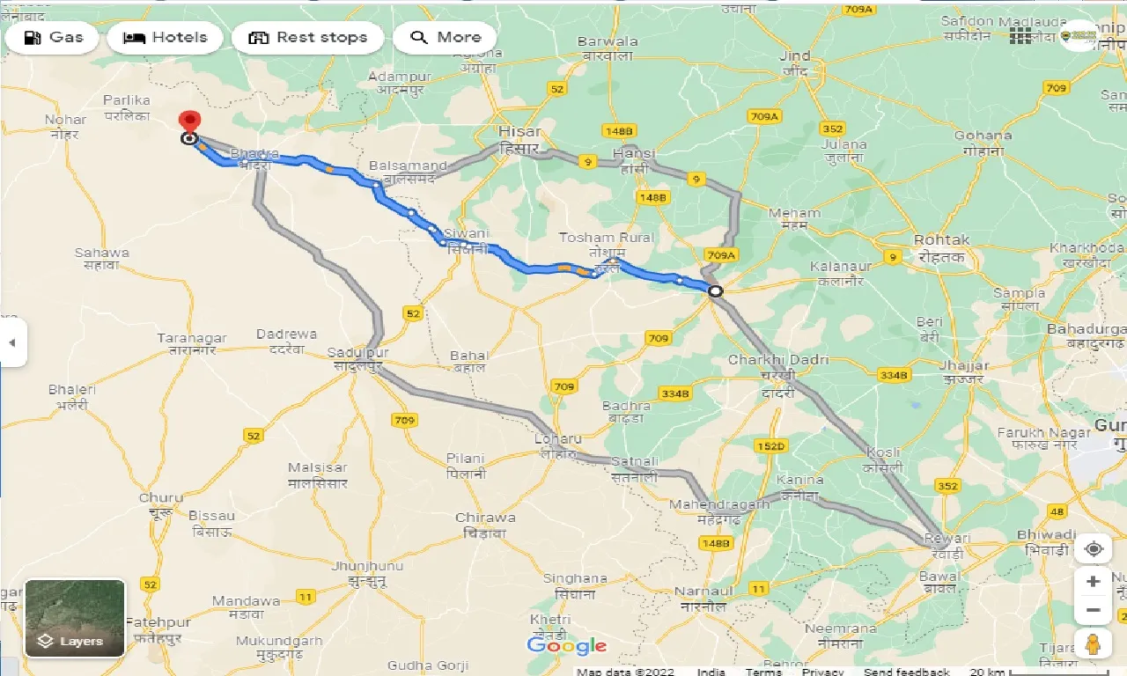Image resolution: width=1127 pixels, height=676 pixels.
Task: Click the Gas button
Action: click(x=54, y=38)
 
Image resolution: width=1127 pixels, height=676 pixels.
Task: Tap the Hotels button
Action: click(x=165, y=38)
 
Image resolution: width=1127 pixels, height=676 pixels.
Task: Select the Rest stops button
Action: click(x=307, y=38)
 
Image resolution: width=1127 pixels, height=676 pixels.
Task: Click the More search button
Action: click(x=445, y=38)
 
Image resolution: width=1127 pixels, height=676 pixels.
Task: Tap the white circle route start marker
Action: click(x=716, y=291)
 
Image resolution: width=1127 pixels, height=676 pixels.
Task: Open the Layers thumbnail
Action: click(x=75, y=618)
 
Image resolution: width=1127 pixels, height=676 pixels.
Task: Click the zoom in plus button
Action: click(x=1093, y=582)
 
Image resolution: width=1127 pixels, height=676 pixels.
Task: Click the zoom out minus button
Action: click(x=1093, y=610)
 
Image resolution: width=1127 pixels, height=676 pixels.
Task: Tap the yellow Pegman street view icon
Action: click(x=1093, y=643)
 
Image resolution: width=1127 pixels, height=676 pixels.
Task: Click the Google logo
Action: click(x=567, y=646)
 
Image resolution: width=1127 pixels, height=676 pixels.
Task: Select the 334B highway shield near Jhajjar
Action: click(x=892, y=375)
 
